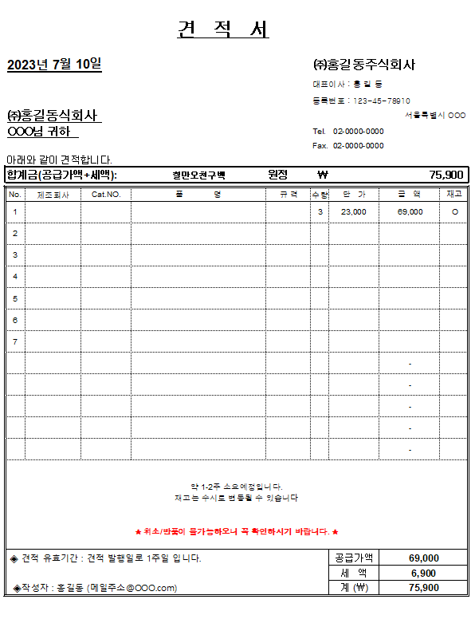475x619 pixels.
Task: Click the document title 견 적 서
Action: coord(223,30)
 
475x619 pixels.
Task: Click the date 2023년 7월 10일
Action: coord(54,65)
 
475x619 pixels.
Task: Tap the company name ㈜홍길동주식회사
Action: coord(364,65)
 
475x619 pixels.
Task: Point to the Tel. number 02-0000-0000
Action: coord(358,131)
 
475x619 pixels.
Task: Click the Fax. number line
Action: coord(348,146)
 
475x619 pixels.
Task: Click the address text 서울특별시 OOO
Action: coord(434,116)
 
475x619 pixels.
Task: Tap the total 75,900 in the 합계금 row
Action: coord(446,175)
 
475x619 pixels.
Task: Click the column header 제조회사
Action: coord(53,194)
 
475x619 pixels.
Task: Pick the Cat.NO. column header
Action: coord(105,194)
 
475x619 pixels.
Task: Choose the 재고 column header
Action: coord(453,194)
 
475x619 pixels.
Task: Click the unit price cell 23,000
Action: coord(353,212)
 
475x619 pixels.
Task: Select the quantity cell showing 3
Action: coord(320,212)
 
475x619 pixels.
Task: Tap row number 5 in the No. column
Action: coord(15,298)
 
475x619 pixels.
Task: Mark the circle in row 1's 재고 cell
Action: coord(454,212)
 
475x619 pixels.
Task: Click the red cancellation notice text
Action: coord(237,531)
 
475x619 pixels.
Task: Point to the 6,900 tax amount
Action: coord(423,573)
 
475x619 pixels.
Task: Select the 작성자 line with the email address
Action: coord(96,588)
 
